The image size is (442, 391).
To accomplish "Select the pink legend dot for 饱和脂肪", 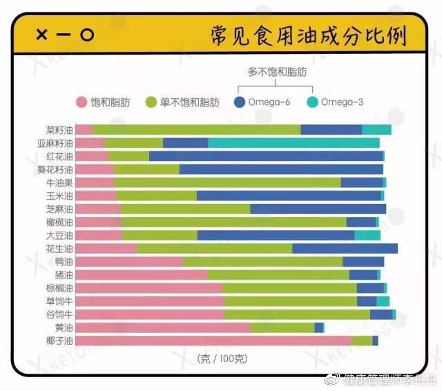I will coord(81,102).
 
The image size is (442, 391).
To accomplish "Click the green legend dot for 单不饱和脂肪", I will coord(151,102).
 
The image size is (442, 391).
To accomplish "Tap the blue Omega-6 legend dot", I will coord(240,102).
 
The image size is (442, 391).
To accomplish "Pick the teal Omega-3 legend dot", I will coord(312,102).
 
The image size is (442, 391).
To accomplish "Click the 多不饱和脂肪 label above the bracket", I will coord(276,70).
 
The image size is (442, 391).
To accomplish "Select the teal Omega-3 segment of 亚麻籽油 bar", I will coord(294,143).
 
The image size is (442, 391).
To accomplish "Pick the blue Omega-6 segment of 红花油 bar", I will coord(266,156).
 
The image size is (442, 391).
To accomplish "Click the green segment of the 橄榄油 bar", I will coord(233,222).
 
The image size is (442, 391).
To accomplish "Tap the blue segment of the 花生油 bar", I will coord(345,248).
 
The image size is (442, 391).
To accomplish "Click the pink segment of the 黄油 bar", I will coord(162,327).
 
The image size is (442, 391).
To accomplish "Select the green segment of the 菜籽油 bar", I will coord(197,130).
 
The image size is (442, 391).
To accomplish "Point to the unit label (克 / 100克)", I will coord(222,358).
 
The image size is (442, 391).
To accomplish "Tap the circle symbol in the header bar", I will coord(86,35).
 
